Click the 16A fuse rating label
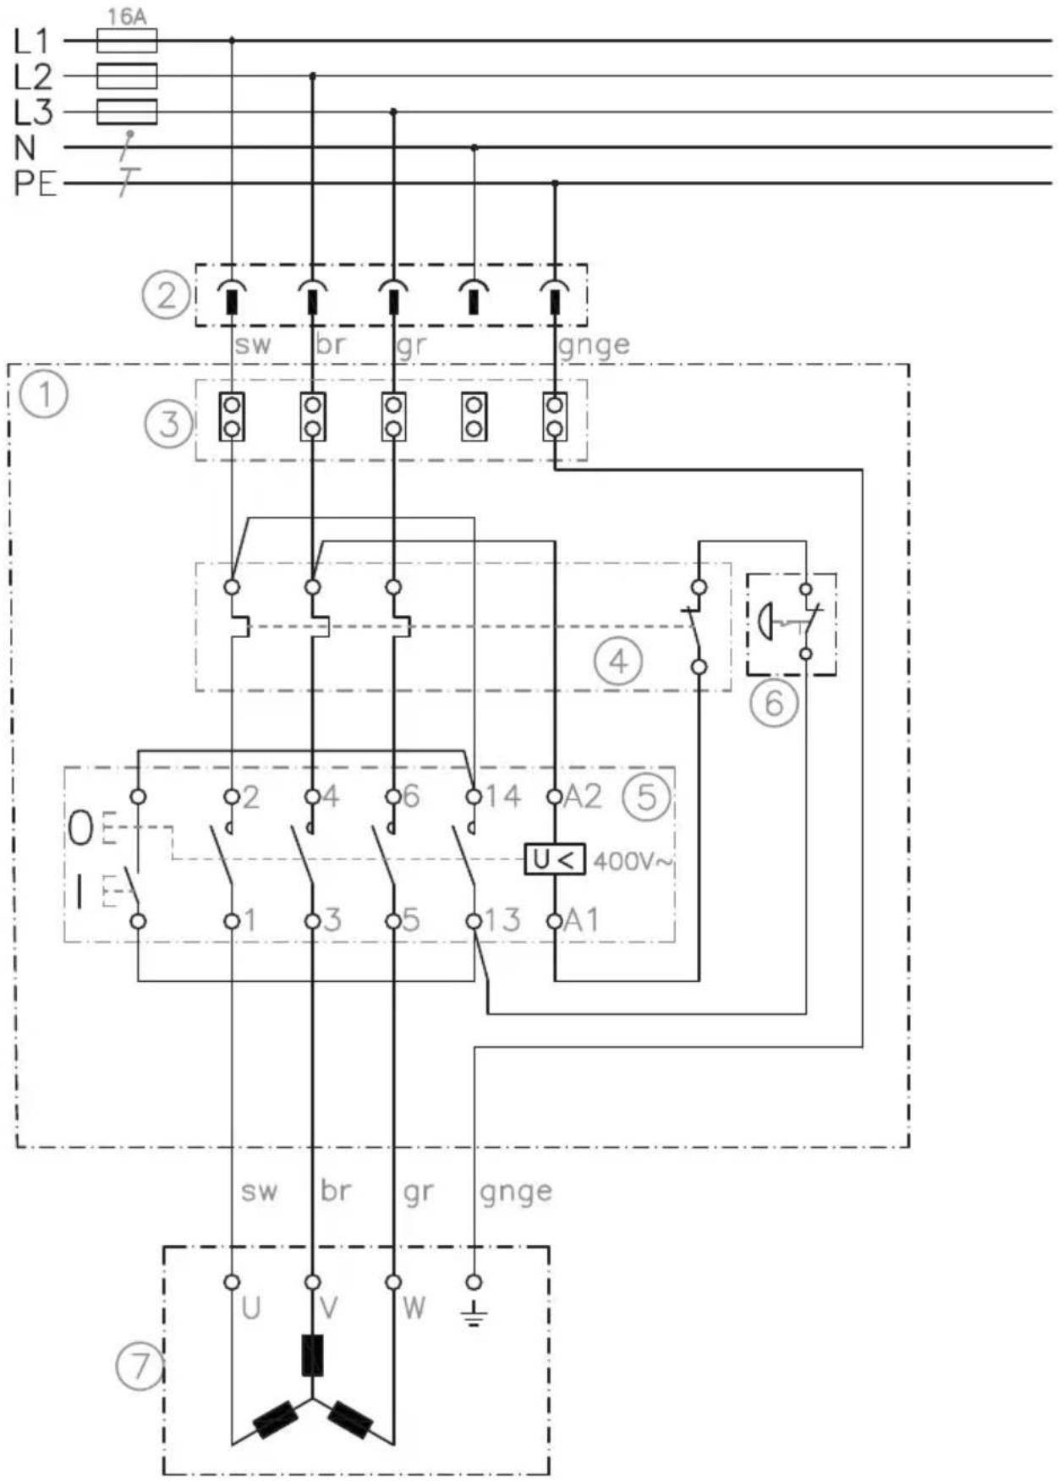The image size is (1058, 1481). pyautogui.click(x=127, y=16)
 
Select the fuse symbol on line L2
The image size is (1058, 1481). pyautogui.click(x=127, y=76)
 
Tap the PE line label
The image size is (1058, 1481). pyautogui.click(x=35, y=183)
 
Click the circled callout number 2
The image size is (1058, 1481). pyautogui.click(x=166, y=295)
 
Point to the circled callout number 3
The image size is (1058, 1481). pyautogui.click(x=169, y=423)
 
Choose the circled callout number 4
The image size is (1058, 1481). pyautogui.click(x=618, y=661)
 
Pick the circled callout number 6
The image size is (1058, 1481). pyautogui.click(x=774, y=702)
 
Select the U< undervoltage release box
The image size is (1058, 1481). pyautogui.click(x=555, y=860)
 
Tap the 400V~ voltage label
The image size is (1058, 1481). pyautogui.click(x=633, y=862)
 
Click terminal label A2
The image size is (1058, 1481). pyautogui.click(x=582, y=796)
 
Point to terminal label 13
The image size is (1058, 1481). pyautogui.click(x=502, y=920)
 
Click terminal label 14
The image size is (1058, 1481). pyautogui.click(x=502, y=796)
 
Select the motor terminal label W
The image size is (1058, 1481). pyautogui.click(x=414, y=1308)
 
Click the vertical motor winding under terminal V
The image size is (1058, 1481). pyautogui.click(x=312, y=1355)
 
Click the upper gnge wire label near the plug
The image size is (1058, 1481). pyautogui.click(x=595, y=345)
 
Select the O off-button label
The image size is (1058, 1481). pyautogui.click(x=81, y=829)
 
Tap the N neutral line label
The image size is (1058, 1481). pyautogui.click(x=25, y=147)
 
